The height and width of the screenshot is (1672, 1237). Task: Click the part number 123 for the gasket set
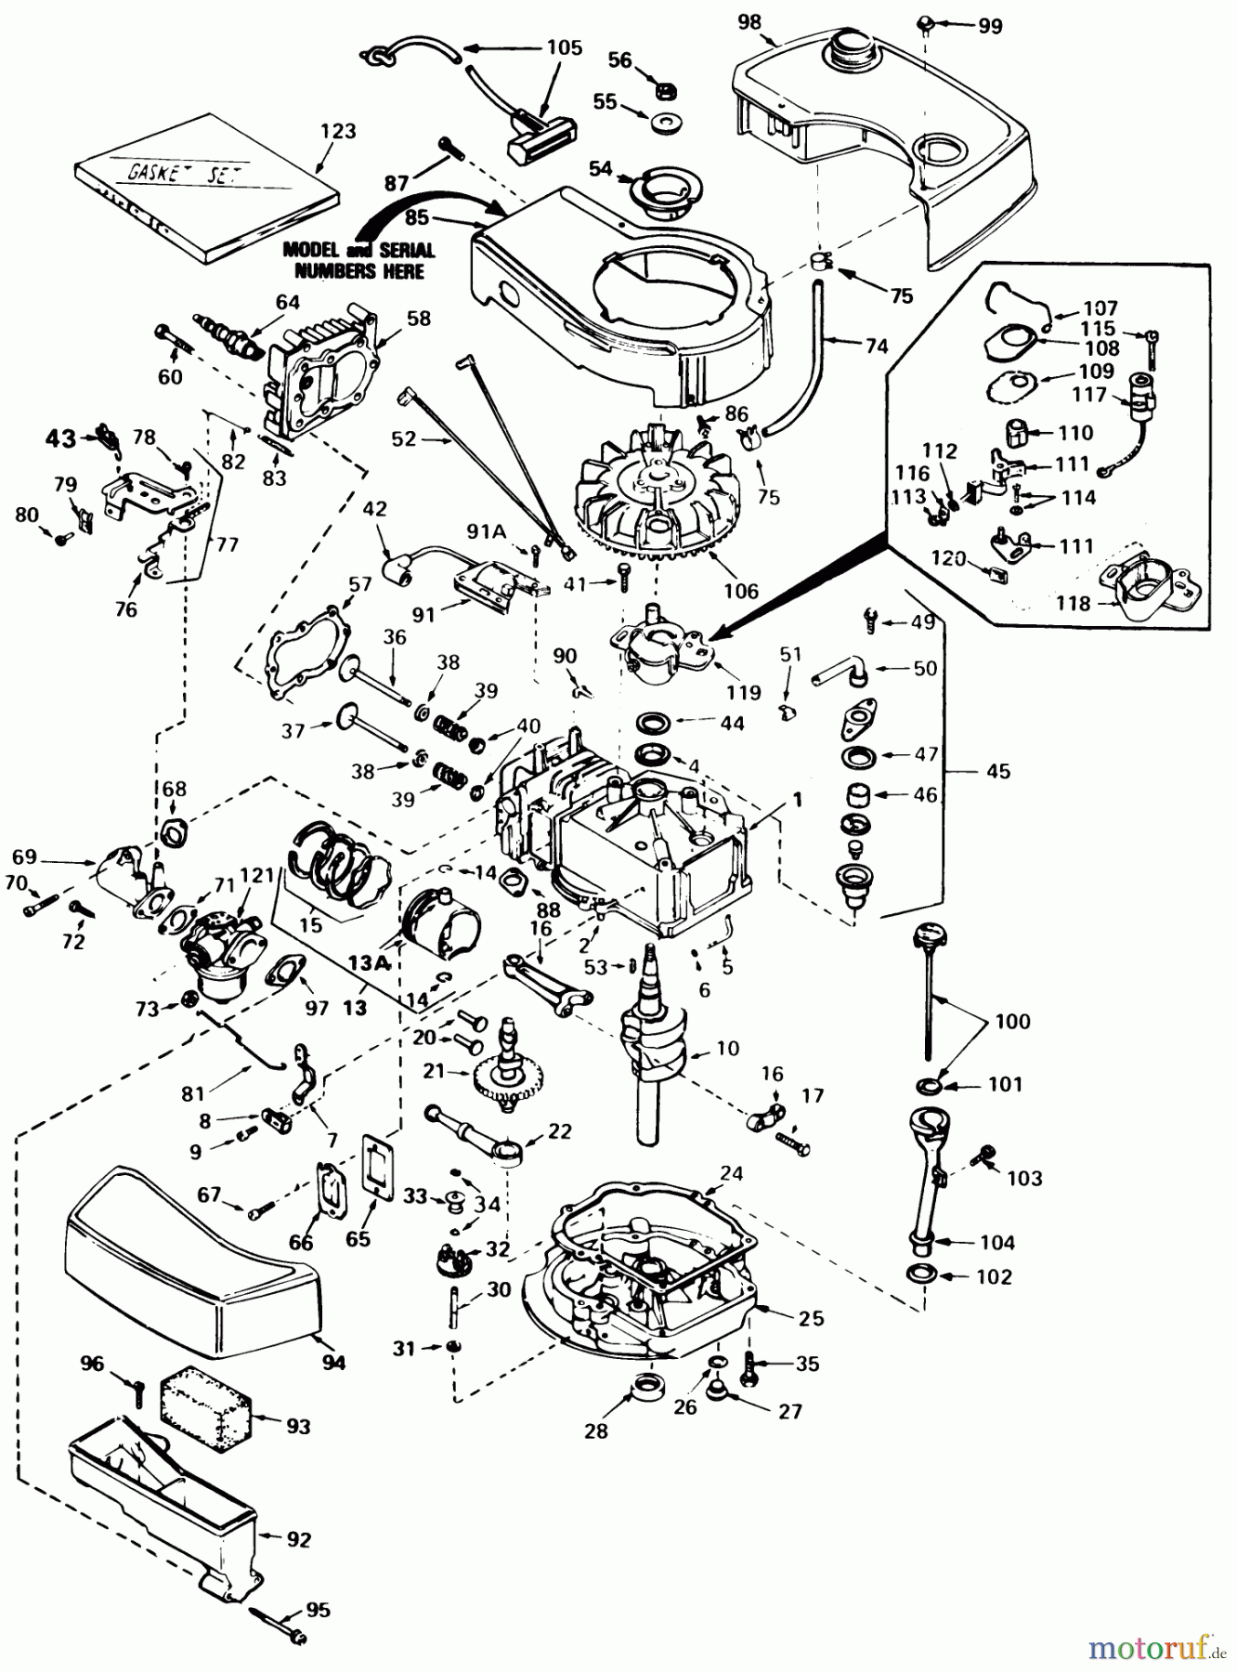pyautogui.click(x=337, y=131)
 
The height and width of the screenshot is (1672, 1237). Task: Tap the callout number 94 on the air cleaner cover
pyautogui.click(x=333, y=1363)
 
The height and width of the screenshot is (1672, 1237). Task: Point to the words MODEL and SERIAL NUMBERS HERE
pyautogui.click(x=358, y=261)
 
